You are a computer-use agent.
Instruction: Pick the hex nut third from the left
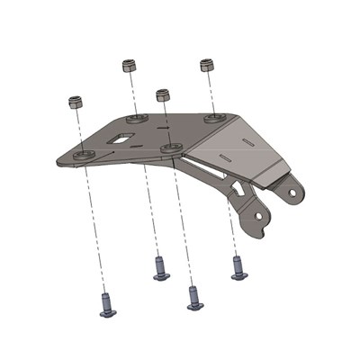pyautogui.click(x=163, y=94)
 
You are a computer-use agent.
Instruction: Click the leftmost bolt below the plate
pyautogui.click(x=106, y=306)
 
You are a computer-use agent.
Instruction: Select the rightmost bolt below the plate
pyautogui.click(x=238, y=268)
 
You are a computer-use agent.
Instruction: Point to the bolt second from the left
pyautogui.click(x=161, y=269)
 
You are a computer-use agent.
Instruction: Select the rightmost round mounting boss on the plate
pyautogui.click(x=214, y=117)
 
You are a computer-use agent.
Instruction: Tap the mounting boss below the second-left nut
pyautogui.click(x=136, y=118)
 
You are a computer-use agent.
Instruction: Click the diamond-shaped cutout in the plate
pyautogui.click(x=121, y=140)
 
